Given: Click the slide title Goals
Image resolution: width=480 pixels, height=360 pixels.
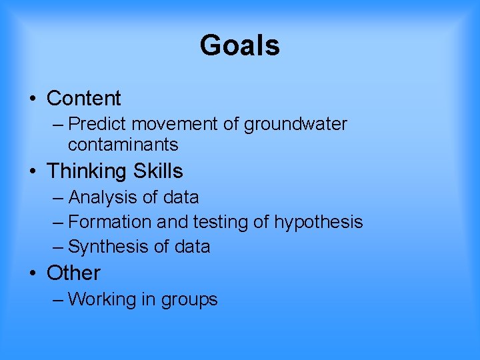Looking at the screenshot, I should click(239, 45).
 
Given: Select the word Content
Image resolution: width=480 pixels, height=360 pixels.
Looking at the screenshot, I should click(83, 99).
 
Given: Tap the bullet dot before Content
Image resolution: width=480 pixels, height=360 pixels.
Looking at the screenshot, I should click(33, 99).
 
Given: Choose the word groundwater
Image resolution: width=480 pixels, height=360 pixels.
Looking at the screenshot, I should click(295, 125).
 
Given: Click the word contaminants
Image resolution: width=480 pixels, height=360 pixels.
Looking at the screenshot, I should click(123, 144).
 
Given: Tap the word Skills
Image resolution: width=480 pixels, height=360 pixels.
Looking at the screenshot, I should click(158, 171).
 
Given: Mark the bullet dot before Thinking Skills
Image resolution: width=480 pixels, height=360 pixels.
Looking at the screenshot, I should click(33, 172).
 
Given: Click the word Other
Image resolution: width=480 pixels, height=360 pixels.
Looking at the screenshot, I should click(73, 273).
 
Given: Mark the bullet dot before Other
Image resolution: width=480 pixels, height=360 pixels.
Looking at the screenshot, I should click(33, 274).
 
